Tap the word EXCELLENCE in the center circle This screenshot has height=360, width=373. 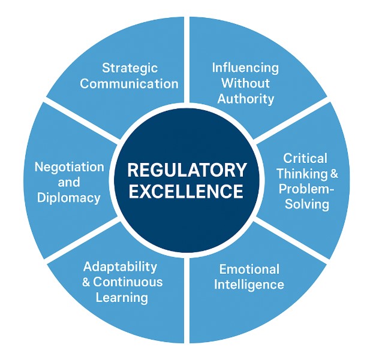(x=186, y=192)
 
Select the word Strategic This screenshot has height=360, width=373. (x=130, y=68)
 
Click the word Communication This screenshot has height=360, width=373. (x=130, y=83)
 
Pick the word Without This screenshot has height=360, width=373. (x=245, y=83)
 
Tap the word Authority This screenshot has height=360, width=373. (x=245, y=98)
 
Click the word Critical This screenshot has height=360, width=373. (x=306, y=158)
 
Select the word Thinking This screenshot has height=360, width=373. (x=300, y=174)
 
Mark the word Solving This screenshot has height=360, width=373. (x=307, y=204)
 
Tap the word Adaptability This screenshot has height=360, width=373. (x=121, y=266)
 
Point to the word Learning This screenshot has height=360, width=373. (x=122, y=297)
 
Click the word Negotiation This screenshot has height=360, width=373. (x=69, y=167)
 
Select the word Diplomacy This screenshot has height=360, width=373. (x=69, y=198)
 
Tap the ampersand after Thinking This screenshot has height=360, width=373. (x=333, y=174)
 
